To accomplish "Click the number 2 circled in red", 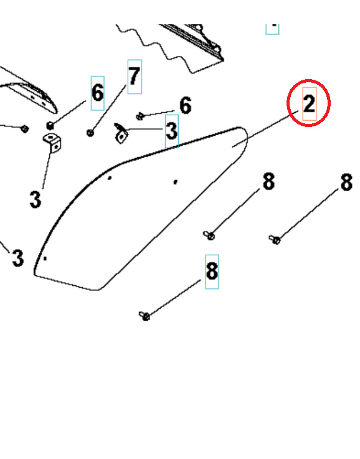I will (309, 103).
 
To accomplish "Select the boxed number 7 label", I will (135, 77).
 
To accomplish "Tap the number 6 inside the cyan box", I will (97, 93).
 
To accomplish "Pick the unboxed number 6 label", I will (185, 105).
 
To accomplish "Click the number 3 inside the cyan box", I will (171, 131).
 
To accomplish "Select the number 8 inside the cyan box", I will (212, 271).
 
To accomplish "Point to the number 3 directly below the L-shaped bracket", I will (35, 200).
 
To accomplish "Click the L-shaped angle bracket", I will (52, 143).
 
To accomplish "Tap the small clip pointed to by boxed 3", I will (121, 133).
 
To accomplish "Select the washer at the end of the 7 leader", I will (91, 132).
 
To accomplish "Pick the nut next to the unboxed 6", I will (141, 115).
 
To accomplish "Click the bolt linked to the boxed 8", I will (145, 316).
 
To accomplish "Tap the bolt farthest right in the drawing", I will (275, 239).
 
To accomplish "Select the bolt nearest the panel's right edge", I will (210, 235).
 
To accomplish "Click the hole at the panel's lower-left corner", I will (45, 258).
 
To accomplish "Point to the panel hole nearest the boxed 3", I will (176, 182).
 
